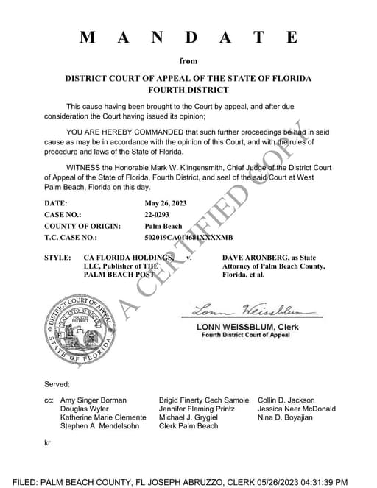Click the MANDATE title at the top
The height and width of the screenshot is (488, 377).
point(188,37)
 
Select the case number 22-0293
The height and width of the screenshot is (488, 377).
point(161,214)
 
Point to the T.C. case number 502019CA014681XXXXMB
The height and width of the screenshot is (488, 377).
point(189,238)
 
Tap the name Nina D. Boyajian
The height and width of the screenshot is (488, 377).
point(285,417)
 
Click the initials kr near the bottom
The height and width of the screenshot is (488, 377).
point(49,445)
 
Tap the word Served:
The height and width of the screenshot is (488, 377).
point(57,384)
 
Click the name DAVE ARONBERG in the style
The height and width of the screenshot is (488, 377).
point(256,258)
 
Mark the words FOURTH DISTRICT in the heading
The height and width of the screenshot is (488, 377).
point(188,90)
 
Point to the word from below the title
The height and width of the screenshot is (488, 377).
point(188,61)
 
